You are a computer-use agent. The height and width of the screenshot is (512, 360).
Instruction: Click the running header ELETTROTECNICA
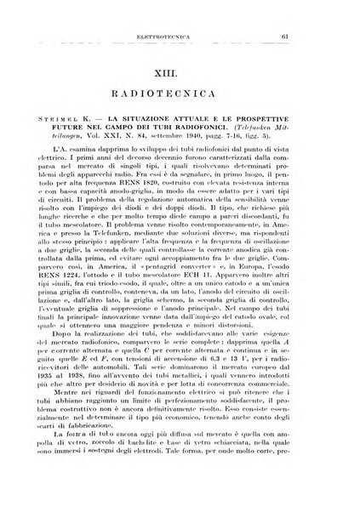tap(183, 36)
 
